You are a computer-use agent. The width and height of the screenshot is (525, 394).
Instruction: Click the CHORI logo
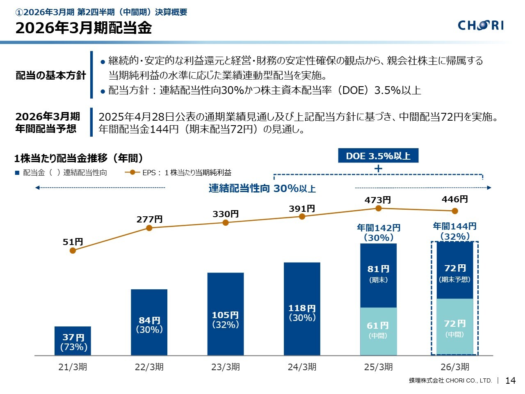coord(481,25)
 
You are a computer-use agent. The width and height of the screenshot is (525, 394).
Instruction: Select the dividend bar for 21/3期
coord(73,341)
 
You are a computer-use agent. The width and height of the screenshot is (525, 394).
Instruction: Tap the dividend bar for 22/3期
coord(149,322)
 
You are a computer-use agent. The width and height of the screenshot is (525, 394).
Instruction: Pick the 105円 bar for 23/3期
coord(225,314)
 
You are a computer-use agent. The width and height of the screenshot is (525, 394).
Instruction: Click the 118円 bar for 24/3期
coord(302,309)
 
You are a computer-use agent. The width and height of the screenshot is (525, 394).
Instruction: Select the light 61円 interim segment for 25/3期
coord(378,331)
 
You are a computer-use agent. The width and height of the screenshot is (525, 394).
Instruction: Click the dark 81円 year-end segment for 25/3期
coord(378,275)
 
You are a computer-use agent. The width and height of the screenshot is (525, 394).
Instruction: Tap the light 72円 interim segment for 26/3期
coord(454,326)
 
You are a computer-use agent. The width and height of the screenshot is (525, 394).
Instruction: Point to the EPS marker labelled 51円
coord(73,250)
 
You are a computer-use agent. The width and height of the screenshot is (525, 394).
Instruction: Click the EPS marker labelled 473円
coord(379,208)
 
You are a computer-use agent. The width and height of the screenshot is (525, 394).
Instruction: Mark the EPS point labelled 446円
coord(455,211)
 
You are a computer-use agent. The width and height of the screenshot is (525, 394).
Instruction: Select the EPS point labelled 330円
coord(226,222)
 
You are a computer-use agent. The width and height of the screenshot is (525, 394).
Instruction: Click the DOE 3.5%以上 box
coord(378,156)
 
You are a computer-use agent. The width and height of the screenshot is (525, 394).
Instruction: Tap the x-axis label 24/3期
coord(302,367)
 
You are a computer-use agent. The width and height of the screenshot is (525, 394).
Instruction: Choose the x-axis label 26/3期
coord(454,367)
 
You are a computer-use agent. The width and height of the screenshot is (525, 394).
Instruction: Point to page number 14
coord(510,380)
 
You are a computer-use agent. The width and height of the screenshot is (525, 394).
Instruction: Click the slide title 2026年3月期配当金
coord(84,28)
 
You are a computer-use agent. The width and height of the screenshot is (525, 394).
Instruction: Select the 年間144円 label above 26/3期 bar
coord(454,226)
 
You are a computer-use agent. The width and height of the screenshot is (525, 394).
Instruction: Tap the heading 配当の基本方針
coord(51,76)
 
